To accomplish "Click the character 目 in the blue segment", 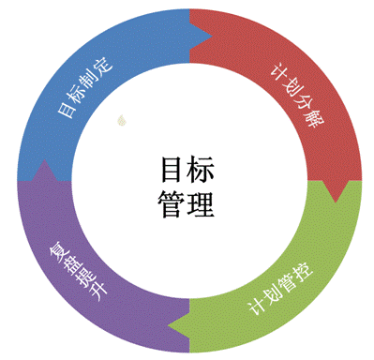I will (67, 110).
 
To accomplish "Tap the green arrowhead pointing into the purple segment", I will (178, 324).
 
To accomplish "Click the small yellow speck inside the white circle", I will (121, 119).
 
